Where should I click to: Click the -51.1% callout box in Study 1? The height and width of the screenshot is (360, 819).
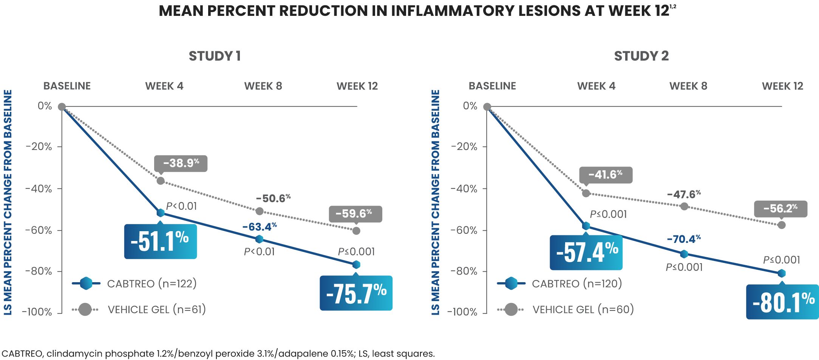click(160, 241)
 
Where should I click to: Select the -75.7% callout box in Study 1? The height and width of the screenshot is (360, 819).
click(356, 293)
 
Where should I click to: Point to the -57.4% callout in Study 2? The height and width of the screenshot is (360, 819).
click(586, 252)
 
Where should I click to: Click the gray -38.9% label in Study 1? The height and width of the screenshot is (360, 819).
click(181, 163)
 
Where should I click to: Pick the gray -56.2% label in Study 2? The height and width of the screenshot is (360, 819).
click(780, 209)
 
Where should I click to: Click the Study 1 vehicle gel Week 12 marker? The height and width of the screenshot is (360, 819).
click(356, 230)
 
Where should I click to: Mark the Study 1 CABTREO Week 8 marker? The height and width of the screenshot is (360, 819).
click(259, 239)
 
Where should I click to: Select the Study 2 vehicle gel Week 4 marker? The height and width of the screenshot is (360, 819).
click(586, 193)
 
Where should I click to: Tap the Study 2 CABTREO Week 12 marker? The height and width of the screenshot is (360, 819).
click(782, 273)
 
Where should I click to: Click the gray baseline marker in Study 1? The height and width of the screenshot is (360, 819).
click(62, 107)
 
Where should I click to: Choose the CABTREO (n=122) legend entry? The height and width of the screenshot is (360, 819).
click(151, 283)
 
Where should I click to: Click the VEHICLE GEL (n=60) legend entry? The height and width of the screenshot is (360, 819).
click(583, 309)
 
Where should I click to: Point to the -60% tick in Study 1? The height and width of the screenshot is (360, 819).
click(39, 230)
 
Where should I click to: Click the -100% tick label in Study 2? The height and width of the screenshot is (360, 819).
click(462, 312)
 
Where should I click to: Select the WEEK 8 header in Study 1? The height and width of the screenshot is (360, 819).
click(263, 86)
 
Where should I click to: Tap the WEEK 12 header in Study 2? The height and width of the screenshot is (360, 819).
click(782, 86)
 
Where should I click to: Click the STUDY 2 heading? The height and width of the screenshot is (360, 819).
click(641, 56)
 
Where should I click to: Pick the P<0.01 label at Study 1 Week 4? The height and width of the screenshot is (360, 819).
click(181, 206)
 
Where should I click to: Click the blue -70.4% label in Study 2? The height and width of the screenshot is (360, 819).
click(683, 239)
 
